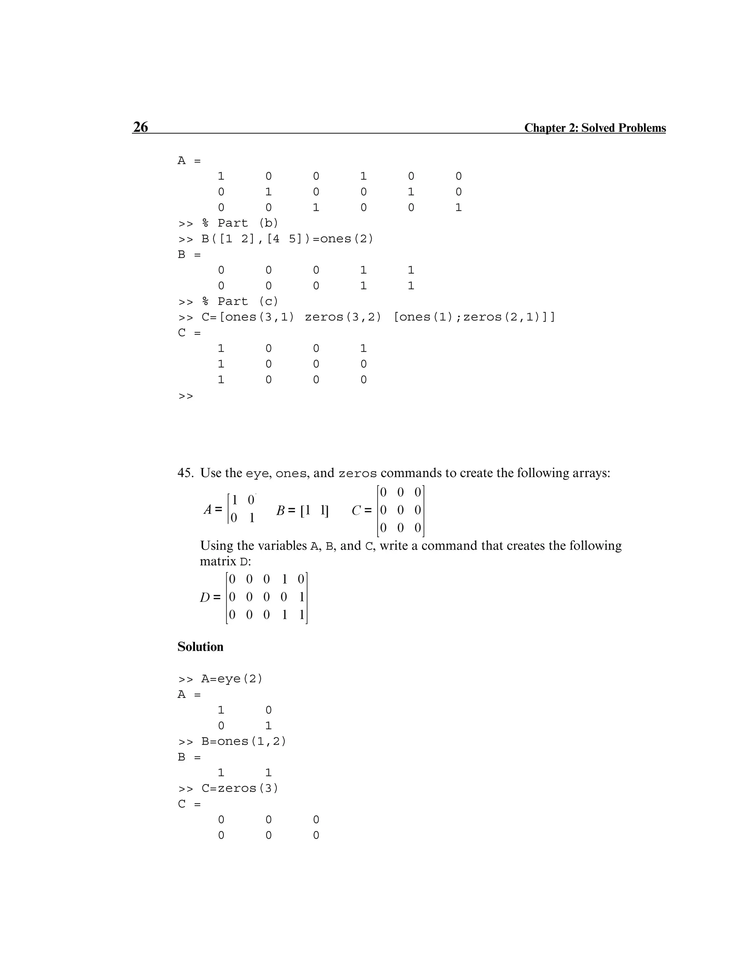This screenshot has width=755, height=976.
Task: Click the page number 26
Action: (140, 127)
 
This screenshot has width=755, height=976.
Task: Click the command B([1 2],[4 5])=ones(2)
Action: (287, 239)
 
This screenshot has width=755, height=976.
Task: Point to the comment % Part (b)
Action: (240, 223)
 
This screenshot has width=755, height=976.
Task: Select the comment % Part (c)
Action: (240, 301)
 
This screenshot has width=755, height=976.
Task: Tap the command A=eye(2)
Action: (231, 679)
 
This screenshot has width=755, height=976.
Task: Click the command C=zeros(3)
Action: (239, 788)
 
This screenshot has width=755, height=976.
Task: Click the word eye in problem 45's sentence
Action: (257, 474)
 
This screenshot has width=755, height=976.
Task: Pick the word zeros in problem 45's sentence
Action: (357, 474)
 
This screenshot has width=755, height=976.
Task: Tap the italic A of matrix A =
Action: (208, 509)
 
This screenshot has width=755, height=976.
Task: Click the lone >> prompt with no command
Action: (186, 396)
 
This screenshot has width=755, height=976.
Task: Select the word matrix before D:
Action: (218, 561)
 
